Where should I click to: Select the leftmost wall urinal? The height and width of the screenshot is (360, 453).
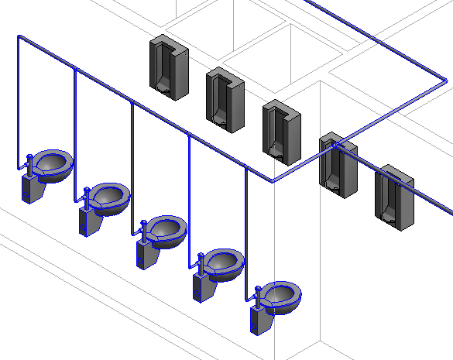[169, 67]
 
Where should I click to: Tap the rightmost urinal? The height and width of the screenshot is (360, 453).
[394, 197]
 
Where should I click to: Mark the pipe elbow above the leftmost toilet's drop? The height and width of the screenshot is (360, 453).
[19, 36]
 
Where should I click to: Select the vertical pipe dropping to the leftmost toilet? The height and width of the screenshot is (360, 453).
[18, 101]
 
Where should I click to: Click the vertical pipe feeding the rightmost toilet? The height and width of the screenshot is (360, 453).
[246, 232]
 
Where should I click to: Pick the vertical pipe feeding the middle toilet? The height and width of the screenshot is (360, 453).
[132, 163]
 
